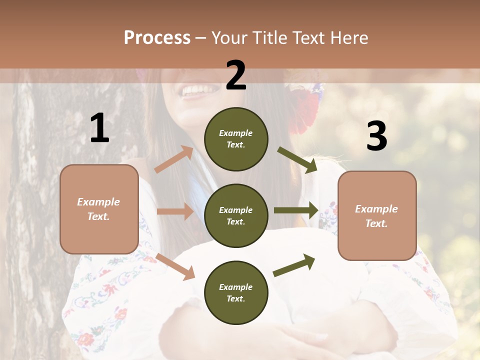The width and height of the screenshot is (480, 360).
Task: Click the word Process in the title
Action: (157, 38)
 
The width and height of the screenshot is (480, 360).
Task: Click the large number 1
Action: (99, 128)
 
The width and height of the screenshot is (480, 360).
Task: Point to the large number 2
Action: (236, 75)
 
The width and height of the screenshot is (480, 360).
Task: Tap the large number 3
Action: (376, 136)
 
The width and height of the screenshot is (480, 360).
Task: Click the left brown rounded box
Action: (99, 209)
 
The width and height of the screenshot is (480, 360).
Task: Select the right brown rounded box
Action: (377, 215)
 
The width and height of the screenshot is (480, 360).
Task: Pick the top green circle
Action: (236, 139)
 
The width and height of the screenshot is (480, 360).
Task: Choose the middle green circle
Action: (236, 216)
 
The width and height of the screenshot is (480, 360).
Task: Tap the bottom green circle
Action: (236, 293)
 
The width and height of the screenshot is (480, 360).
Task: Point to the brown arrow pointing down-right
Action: (175, 266)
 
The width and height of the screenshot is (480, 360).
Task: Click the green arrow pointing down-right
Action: (297, 160)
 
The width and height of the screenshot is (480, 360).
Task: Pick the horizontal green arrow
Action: (295, 210)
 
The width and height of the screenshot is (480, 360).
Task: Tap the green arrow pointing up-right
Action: (294, 265)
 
